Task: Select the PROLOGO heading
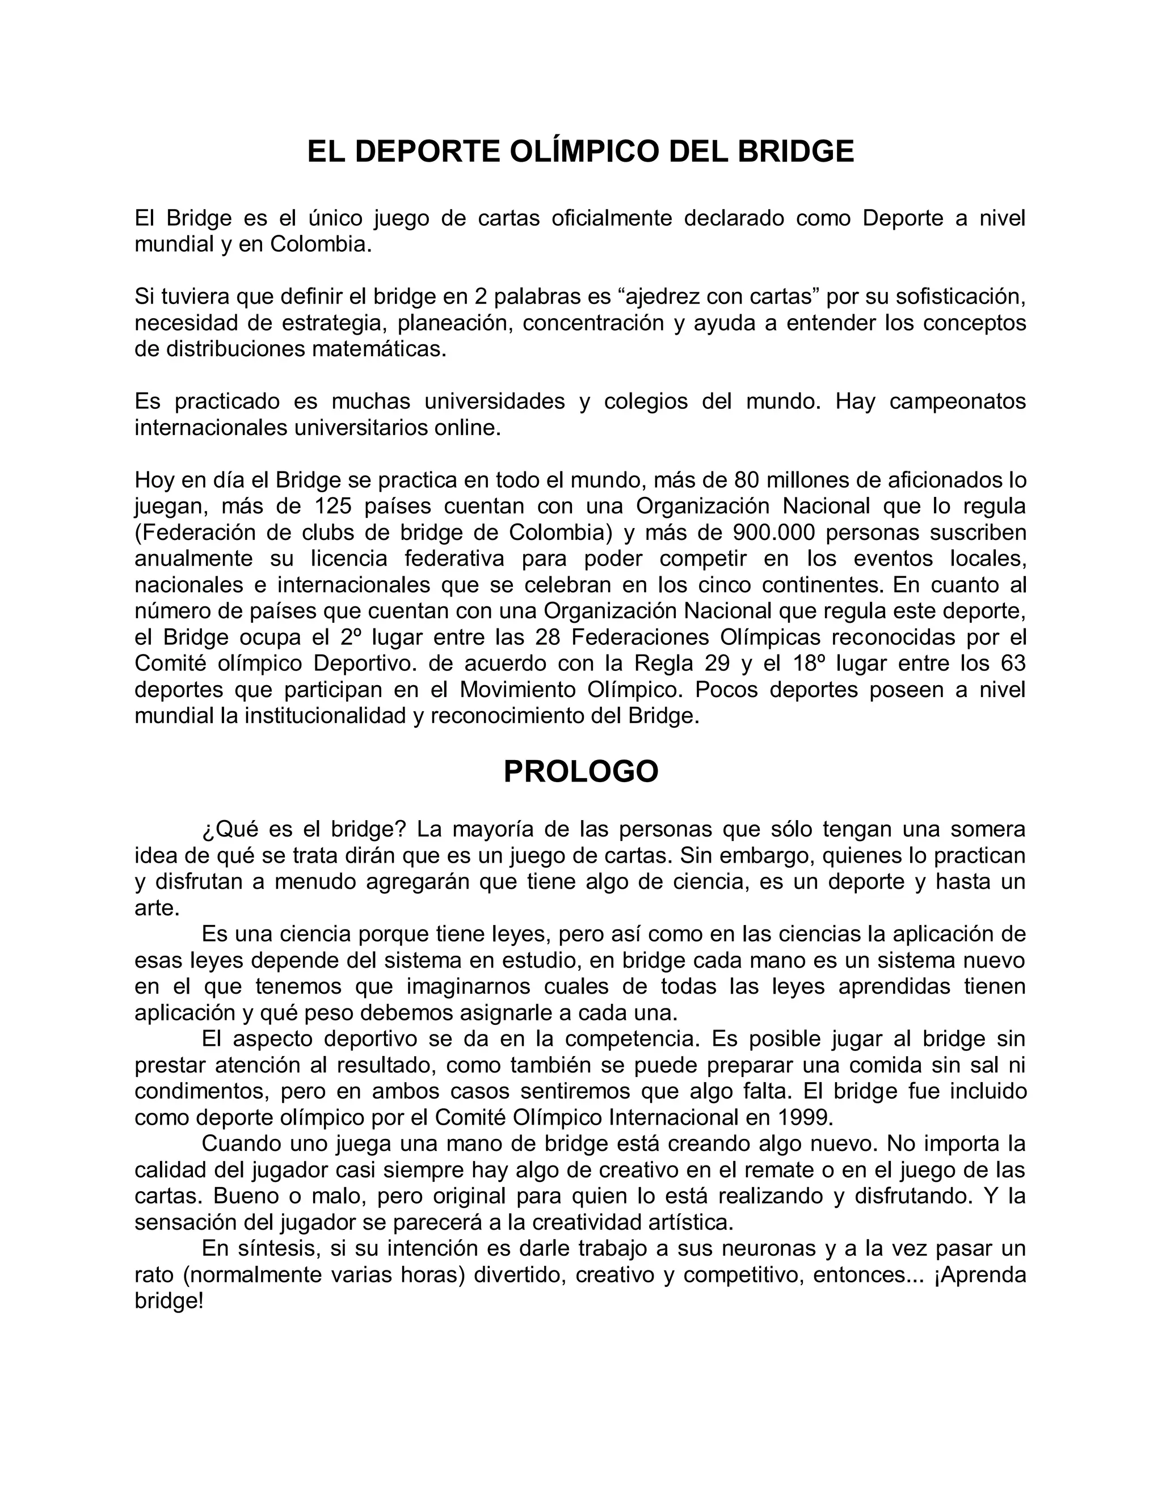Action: tap(581, 771)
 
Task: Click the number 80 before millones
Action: tap(748, 480)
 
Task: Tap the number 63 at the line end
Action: tap(1011, 664)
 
